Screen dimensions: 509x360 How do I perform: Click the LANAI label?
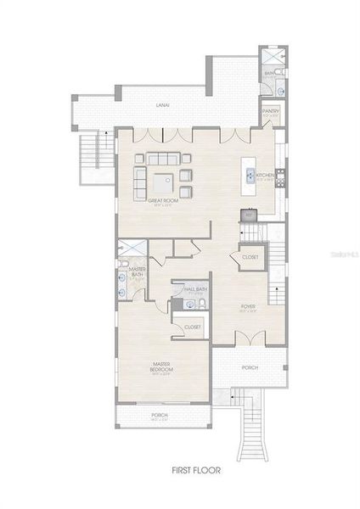click(160, 105)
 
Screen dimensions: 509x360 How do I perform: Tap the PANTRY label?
click(270, 110)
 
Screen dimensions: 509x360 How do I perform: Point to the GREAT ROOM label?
click(160, 201)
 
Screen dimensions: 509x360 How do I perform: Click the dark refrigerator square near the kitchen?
click(249, 215)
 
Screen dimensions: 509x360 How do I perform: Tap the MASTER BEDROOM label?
click(162, 366)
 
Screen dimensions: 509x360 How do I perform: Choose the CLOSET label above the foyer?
click(250, 256)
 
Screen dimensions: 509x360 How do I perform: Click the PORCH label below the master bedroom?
click(161, 416)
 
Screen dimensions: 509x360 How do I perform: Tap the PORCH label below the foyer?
click(250, 367)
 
